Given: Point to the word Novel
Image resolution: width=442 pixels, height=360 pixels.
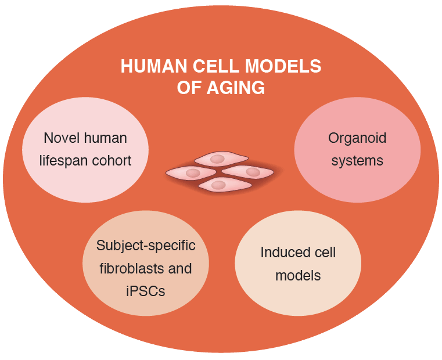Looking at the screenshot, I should pos(60,138).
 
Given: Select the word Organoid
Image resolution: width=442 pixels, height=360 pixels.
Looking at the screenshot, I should pos(357,138).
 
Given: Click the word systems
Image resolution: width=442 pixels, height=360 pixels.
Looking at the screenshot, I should pos(357,161).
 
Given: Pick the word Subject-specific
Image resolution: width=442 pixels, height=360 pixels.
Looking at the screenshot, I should pos(146,246).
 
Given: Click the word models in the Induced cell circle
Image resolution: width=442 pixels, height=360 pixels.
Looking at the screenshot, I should pos(298,275).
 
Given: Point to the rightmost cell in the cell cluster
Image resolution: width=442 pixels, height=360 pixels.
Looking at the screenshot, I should pos(248,172).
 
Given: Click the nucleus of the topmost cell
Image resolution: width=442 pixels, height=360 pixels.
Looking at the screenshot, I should pos(217,159).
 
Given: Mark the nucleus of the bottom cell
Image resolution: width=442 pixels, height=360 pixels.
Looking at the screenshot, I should pos(218,185).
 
